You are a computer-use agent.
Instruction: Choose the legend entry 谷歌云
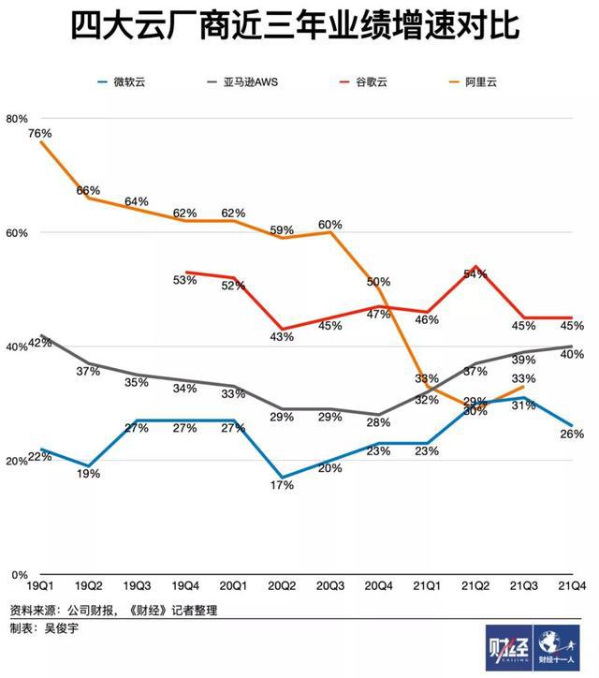[x=370, y=82]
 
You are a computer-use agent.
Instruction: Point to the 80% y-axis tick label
[x=18, y=118]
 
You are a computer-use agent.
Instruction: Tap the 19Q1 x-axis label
[x=38, y=586]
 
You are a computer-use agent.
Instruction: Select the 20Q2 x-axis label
[x=283, y=586]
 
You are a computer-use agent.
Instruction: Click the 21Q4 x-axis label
[x=571, y=586]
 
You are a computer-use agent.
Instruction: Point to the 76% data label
[x=39, y=134]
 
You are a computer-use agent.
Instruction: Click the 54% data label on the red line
[x=475, y=274]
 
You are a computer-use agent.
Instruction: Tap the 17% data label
[x=283, y=485]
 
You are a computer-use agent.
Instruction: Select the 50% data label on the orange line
[x=379, y=281]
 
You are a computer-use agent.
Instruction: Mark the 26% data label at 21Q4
[x=573, y=433]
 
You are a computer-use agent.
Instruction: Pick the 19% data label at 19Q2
[x=88, y=474]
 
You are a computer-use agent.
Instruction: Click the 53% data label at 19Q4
[x=185, y=280]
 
